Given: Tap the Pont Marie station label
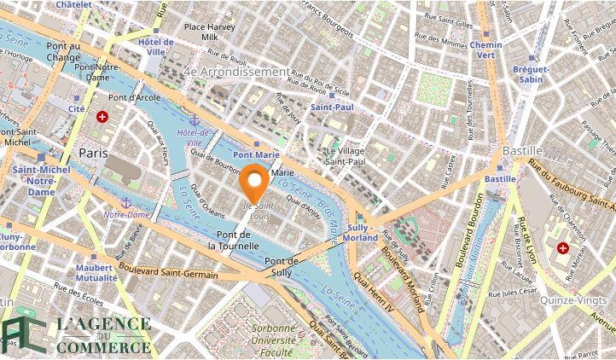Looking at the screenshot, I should coord(256,154).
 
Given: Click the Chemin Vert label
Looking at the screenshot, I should coord(485,49).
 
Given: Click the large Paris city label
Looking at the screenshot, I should coord(93,152).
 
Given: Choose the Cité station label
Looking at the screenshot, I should coord(77,109).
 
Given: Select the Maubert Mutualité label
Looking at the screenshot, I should coord(96,273).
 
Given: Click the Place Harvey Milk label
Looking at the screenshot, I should coord(210,32).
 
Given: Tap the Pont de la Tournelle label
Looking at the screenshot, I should coord(237,240).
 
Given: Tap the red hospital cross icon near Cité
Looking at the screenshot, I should coord(103,116).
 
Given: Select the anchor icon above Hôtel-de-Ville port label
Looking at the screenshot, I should coord(195,122).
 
